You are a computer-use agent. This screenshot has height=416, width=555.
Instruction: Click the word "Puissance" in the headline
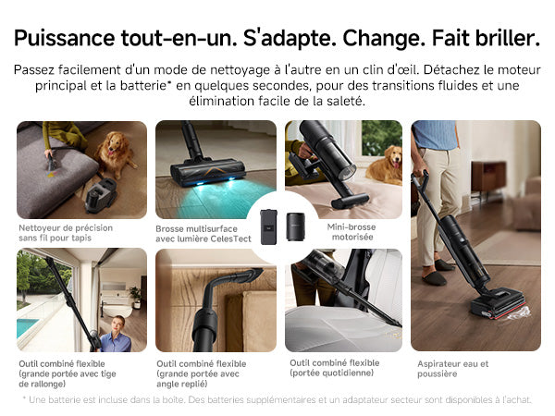(x=65, y=38)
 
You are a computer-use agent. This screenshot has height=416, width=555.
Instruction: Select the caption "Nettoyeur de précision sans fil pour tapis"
(x=66, y=233)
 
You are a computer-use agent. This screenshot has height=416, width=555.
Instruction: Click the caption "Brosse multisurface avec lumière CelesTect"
(x=203, y=234)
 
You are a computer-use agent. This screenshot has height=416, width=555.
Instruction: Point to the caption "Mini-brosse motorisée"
(x=351, y=232)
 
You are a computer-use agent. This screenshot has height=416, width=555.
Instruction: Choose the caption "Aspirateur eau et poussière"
(x=452, y=369)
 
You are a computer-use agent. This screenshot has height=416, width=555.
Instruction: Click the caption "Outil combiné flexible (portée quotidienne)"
(x=335, y=368)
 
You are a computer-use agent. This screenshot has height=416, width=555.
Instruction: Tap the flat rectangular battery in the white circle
(x=268, y=226)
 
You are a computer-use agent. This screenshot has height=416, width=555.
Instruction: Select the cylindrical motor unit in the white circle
(x=295, y=226)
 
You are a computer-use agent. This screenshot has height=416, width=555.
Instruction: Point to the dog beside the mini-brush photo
(x=385, y=165)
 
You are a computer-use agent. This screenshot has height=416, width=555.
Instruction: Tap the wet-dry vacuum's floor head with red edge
(x=497, y=303)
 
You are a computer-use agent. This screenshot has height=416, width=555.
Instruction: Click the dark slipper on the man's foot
(x=434, y=278)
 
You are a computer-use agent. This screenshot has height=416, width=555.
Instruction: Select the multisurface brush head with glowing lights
(x=208, y=172)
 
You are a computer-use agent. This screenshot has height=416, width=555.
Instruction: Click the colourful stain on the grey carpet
(x=52, y=174)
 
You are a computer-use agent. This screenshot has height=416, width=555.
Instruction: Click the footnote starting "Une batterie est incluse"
(x=277, y=400)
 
